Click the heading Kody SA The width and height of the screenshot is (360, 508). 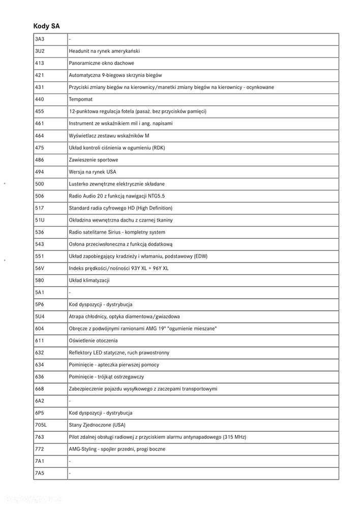[47, 25]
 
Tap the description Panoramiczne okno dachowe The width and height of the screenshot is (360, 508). [101, 63]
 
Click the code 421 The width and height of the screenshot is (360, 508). [40, 75]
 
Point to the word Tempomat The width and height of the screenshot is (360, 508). [80, 99]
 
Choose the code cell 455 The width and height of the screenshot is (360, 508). [40, 111]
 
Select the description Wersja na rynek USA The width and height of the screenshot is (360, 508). [92, 172]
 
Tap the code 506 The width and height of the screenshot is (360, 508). [40, 196]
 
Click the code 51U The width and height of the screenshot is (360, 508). [40, 220]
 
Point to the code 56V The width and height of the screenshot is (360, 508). [40, 268]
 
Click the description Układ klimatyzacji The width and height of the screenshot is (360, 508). [89, 280]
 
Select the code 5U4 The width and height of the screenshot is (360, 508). [40, 316]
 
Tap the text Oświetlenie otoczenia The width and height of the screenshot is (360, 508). [93, 341]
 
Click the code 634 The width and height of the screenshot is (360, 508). [40, 365]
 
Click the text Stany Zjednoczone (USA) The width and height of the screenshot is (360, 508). [97, 425]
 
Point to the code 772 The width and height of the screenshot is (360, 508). [40, 449]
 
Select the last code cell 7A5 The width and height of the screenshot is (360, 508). [40, 473]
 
